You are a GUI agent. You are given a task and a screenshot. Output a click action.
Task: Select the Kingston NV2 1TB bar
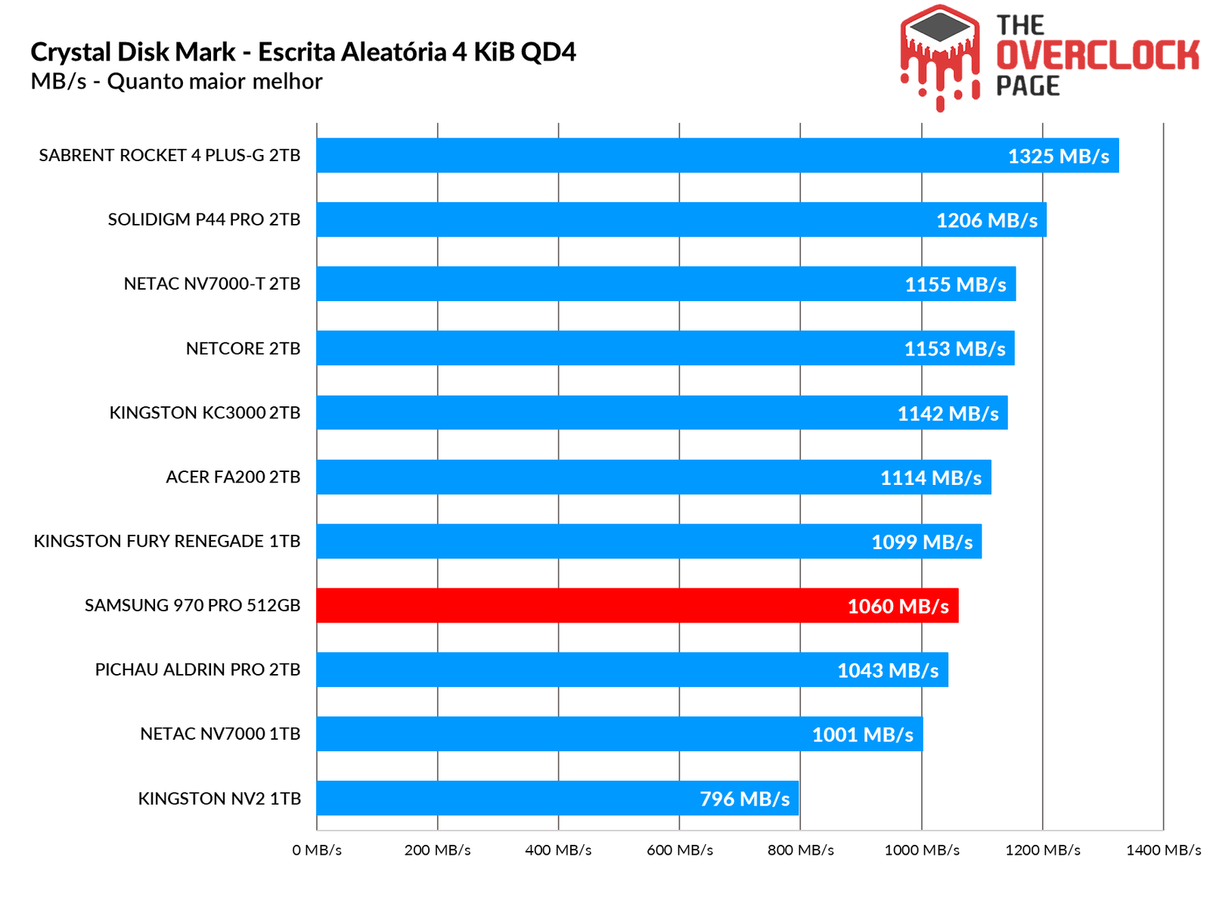tap(557, 798)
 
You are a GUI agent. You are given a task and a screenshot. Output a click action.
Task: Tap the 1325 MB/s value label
tap(1058, 156)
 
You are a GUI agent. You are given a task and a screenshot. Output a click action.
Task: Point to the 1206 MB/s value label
tap(987, 220)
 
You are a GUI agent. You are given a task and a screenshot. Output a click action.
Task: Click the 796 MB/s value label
tap(744, 799)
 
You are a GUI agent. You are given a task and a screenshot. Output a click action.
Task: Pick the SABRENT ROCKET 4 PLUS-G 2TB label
tap(169, 155)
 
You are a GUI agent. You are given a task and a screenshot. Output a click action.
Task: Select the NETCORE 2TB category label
tap(243, 348)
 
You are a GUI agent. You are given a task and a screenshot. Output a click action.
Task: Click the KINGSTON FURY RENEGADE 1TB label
tap(166, 541)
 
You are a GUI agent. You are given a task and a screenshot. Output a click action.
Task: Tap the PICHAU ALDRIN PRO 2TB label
tap(197, 669)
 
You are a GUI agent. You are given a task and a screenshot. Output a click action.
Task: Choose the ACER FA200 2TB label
tap(233, 477)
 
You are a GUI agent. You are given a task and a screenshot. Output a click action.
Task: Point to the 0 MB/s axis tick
tap(317, 850)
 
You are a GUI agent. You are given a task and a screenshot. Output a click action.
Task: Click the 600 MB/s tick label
tap(679, 850)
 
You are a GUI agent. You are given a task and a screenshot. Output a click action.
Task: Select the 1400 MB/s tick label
tap(1163, 850)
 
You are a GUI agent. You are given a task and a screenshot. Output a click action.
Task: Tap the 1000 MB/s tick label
tap(922, 850)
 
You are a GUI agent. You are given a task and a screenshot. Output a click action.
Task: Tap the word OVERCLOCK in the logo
tap(1097, 55)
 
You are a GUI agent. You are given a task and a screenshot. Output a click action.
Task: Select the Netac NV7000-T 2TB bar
tap(665, 284)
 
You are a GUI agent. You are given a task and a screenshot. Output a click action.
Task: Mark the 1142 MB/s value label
tap(948, 413)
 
